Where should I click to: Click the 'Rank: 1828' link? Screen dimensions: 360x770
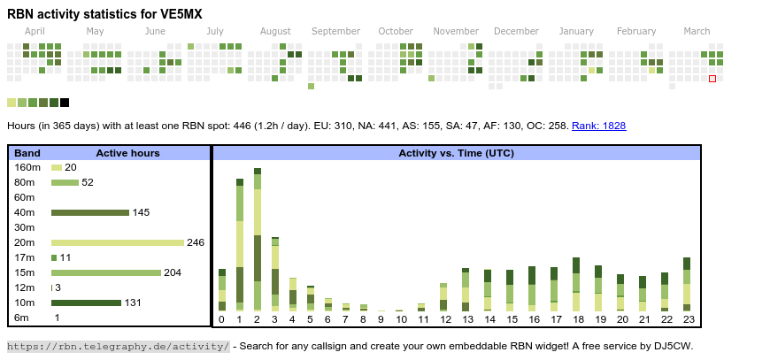[x=598, y=126]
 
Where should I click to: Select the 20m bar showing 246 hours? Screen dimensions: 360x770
[x=118, y=242]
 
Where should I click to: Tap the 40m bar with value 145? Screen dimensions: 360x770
[x=90, y=212]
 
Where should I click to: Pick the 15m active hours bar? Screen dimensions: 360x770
[x=106, y=272]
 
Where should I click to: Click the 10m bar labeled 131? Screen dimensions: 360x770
[x=86, y=303]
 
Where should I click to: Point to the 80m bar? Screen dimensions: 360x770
[x=65, y=182]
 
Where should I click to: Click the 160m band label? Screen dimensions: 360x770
[x=27, y=167]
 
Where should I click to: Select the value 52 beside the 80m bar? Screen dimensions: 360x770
[x=88, y=182]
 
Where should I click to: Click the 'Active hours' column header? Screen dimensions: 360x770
[x=127, y=153]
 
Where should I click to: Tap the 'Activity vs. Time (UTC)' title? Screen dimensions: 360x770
[x=456, y=153]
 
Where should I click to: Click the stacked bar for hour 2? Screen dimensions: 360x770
[x=258, y=239]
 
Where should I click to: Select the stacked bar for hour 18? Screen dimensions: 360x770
[x=576, y=284]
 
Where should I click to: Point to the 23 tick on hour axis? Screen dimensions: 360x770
[x=687, y=319]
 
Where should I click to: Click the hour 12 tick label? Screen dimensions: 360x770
[x=443, y=319]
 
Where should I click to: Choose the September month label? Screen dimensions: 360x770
[x=336, y=31]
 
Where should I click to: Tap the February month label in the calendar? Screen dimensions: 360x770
[x=636, y=31]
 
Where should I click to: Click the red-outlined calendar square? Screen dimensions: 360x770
[x=712, y=79]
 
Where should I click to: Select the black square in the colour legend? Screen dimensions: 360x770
[x=65, y=103]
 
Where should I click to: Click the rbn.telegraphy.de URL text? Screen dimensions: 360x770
[x=119, y=346]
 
